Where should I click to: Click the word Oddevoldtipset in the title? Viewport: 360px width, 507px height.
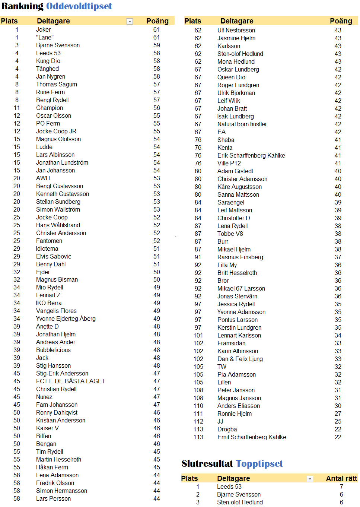(x=79, y=6)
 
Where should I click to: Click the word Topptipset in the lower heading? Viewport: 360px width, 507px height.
(x=259, y=464)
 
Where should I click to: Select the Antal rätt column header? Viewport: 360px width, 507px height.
(x=341, y=479)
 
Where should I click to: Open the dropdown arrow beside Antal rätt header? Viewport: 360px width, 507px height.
(x=310, y=479)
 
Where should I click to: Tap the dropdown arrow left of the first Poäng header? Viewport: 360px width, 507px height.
(x=130, y=22)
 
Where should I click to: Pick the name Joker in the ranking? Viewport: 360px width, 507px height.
(x=43, y=30)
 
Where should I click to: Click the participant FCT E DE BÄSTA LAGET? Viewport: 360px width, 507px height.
(x=71, y=381)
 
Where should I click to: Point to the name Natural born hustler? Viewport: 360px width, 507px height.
(x=242, y=124)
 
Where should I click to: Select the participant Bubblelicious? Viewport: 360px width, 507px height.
(x=53, y=350)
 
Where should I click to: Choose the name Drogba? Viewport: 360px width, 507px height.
(x=227, y=430)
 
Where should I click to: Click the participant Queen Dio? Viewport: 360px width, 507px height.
(x=231, y=77)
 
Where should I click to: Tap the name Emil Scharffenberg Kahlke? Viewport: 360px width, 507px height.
(x=252, y=437)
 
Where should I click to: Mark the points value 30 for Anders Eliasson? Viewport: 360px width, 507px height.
(x=338, y=406)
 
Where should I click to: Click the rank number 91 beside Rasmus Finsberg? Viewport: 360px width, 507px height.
(x=198, y=257)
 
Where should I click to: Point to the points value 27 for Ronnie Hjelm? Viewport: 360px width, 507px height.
(x=338, y=414)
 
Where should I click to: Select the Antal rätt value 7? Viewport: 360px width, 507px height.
(x=341, y=487)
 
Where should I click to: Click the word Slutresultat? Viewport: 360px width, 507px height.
(x=207, y=464)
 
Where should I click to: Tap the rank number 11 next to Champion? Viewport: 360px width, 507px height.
(x=17, y=108)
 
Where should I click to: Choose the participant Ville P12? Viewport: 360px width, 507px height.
(x=229, y=164)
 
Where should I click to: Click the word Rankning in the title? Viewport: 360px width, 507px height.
(x=23, y=6)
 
